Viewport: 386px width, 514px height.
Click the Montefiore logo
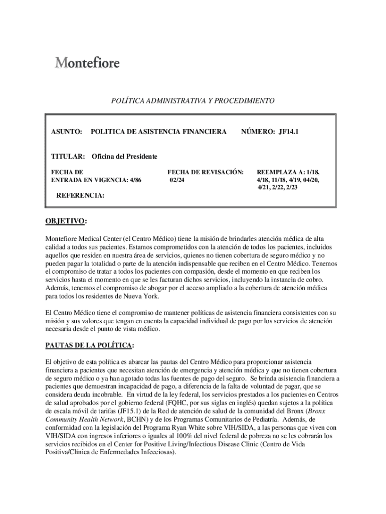pyautogui.click(x=87, y=63)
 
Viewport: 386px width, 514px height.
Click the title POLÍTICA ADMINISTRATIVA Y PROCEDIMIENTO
pyautogui.click(x=192, y=101)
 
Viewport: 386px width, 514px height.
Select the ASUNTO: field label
pyautogui.click(x=67, y=132)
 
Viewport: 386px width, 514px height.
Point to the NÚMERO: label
pyautogui.click(x=258, y=132)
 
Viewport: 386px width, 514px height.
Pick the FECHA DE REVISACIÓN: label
pyautogui.click(x=205, y=172)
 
